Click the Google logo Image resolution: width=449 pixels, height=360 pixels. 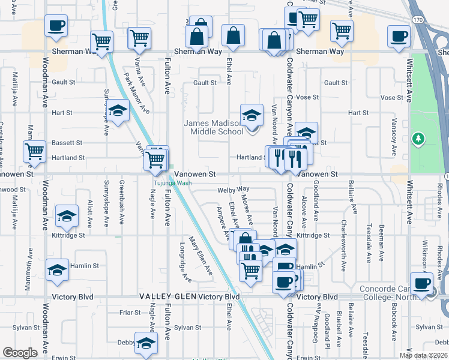tap(20, 353)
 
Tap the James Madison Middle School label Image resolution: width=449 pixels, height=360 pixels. tap(213, 128)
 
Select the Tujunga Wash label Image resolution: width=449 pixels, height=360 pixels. tap(175, 184)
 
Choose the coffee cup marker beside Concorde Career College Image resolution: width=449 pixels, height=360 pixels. tap(421, 283)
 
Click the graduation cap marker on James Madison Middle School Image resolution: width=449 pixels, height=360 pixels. tap(252, 114)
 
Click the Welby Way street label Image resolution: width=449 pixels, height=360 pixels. tap(234, 189)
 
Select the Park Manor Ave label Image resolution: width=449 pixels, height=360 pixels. tap(136, 93)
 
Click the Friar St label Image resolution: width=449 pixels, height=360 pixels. tap(130, 313)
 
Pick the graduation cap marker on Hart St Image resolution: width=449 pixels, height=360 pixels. tap(118, 110)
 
